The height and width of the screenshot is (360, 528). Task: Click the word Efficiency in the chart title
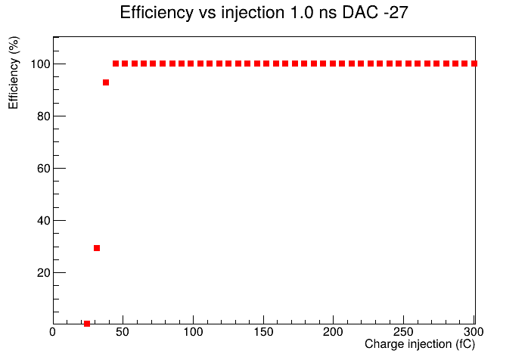click(157, 13)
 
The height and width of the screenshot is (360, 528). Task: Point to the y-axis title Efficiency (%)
click(14, 73)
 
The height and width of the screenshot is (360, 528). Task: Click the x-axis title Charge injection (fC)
click(420, 344)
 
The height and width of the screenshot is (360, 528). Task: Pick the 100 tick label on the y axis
click(40, 64)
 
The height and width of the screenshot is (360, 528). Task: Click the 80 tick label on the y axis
click(43, 116)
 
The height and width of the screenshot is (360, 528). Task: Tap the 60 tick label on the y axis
click(43, 169)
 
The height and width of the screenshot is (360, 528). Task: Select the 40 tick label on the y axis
click(43, 221)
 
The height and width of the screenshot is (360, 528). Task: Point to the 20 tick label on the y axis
click(43, 273)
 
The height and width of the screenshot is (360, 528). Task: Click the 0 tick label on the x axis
click(52, 332)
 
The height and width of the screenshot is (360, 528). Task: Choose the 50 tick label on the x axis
click(123, 332)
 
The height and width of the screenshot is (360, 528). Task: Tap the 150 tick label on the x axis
click(263, 332)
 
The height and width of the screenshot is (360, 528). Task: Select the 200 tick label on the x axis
click(333, 332)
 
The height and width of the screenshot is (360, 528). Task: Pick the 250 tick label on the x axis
click(403, 332)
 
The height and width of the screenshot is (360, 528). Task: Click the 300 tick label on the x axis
click(474, 332)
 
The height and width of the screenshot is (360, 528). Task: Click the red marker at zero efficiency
click(87, 324)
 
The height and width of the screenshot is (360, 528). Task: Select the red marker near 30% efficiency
click(97, 248)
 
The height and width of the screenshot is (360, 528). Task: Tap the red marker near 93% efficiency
click(106, 82)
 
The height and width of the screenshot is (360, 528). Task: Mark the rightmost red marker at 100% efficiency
click(474, 64)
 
